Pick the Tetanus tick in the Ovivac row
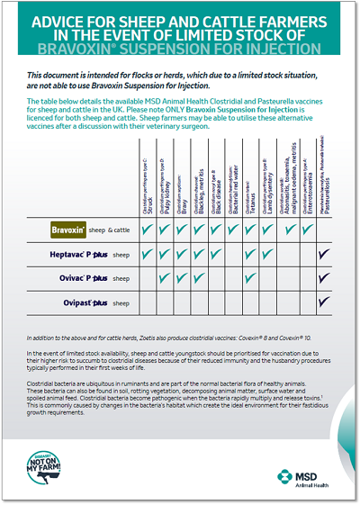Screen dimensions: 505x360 click(249, 279)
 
